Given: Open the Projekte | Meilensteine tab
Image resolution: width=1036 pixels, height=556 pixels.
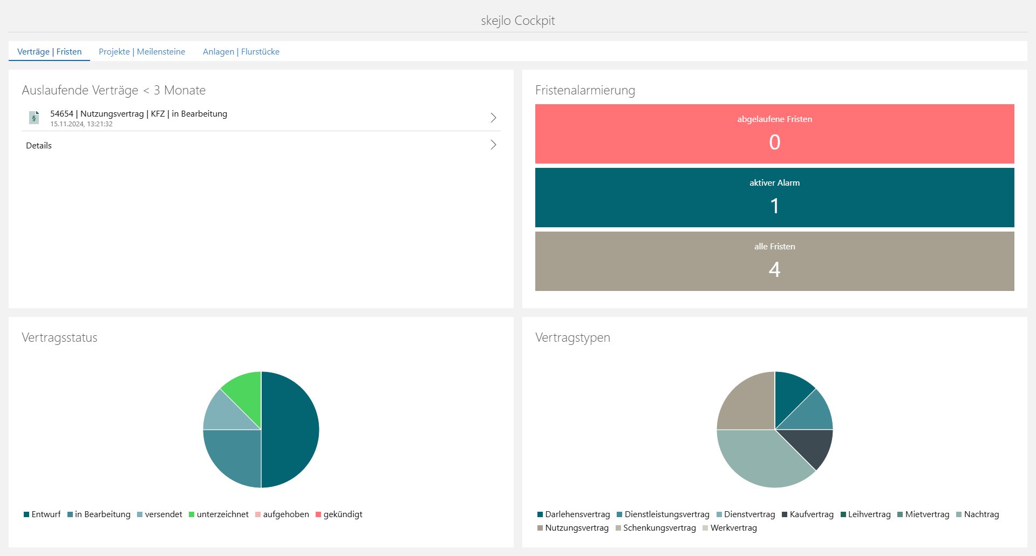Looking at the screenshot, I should tap(141, 52).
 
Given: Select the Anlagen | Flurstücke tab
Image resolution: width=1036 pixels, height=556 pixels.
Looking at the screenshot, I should tap(241, 52).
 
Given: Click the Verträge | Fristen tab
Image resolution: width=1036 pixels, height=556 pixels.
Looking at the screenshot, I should tap(49, 52).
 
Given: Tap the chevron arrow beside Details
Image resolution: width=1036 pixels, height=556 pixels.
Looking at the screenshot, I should tap(493, 145).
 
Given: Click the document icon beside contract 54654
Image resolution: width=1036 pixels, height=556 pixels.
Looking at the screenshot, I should tap(34, 117).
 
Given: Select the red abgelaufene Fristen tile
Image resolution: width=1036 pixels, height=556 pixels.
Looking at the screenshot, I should tap(774, 133).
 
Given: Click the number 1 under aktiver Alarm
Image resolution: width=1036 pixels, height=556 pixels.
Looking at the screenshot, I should tap(774, 206).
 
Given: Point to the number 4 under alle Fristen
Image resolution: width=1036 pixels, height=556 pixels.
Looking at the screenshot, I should tap(774, 269).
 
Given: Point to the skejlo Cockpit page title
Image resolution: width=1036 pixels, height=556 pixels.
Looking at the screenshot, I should tap(517, 21).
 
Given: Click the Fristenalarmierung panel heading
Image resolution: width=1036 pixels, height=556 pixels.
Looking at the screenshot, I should tap(585, 90).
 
